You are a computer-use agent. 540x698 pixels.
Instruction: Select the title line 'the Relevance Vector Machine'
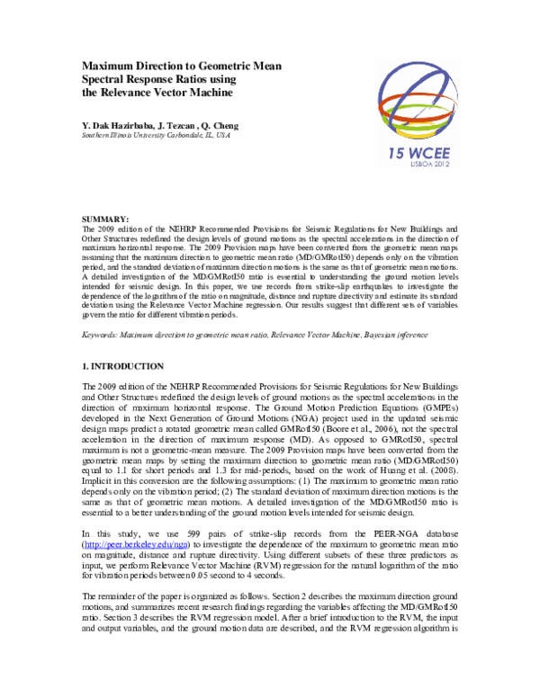click(157, 92)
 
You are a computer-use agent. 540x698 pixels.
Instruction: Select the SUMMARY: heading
click(105, 219)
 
